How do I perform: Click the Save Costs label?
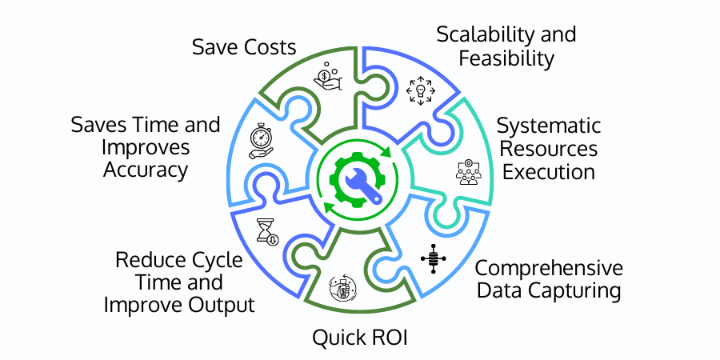(244, 46)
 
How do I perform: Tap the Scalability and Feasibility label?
(506, 46)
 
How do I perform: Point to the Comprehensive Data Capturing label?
(549, 278)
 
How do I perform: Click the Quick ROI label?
(359, 337)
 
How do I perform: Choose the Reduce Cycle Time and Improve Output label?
(185, 282)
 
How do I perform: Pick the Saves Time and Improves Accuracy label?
(145, 147)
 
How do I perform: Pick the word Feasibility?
(506, 58)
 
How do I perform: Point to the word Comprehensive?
(549, 267)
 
